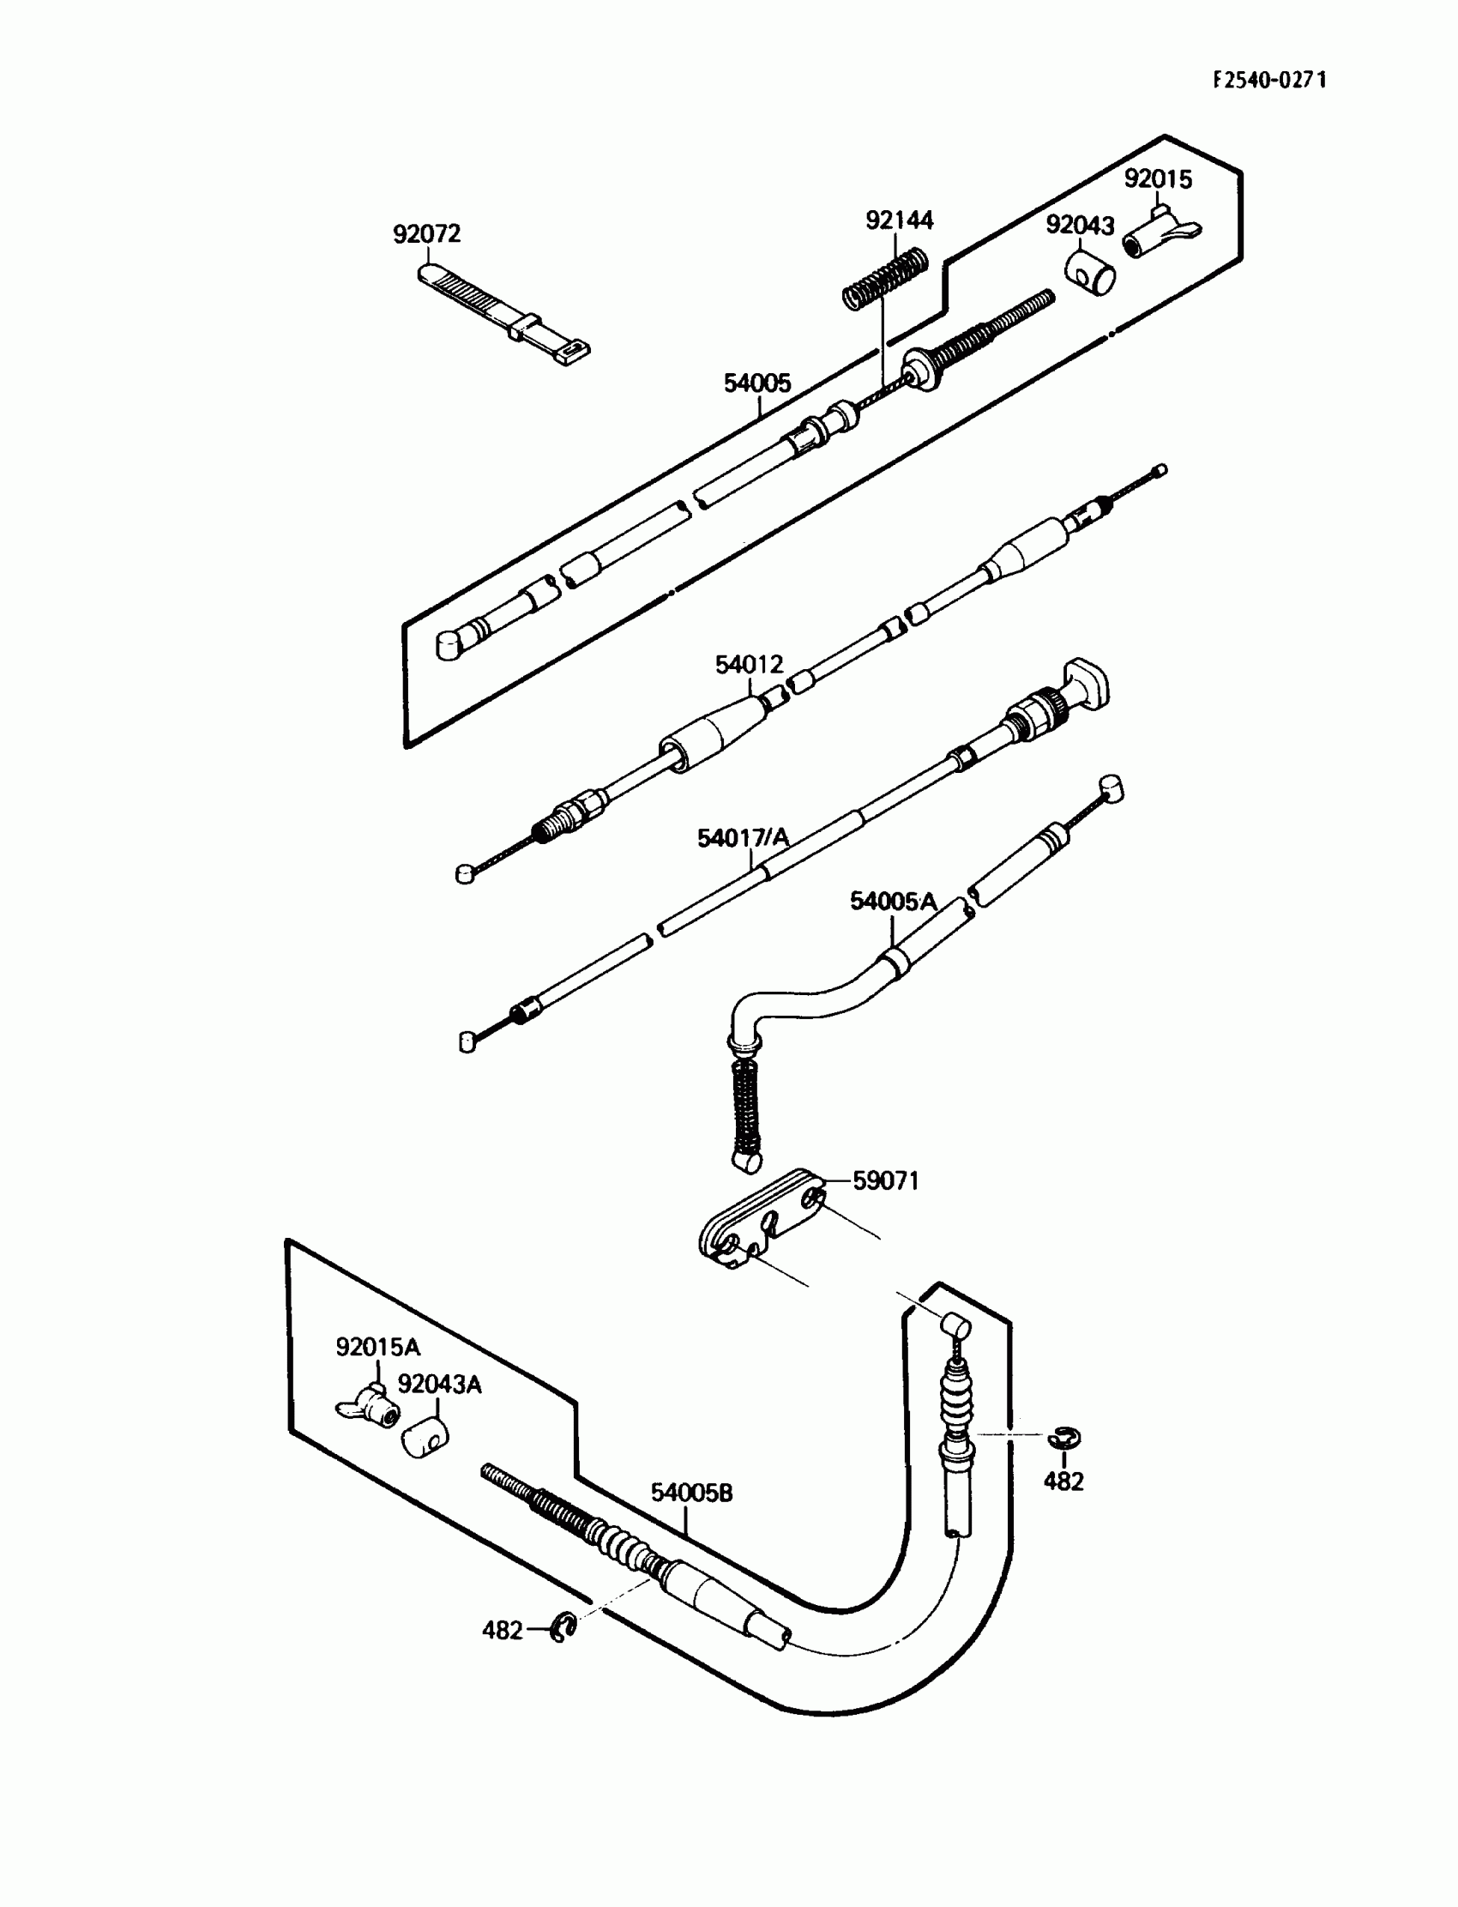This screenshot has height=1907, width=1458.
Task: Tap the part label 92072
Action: [426, 234]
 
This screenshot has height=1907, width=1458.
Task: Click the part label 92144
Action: [899, 220]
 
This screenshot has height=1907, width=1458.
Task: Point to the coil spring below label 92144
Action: [885, 276]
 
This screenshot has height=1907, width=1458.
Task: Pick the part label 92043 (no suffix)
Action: [1080, 226]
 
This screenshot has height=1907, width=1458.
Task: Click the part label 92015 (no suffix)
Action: [1158, 178]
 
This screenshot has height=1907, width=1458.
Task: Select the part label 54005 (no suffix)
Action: [757, 383]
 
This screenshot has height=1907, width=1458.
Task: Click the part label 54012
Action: [749, 665]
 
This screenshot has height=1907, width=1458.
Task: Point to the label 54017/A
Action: [744, 837]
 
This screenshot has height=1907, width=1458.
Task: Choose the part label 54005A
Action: [893, 902]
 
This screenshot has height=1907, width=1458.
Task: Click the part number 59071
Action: [885, 1180]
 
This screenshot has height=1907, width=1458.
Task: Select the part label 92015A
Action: [377, 1347]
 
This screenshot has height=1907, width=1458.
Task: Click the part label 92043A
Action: [439, 1385]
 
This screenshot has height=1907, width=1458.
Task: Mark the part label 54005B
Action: [691, 1493]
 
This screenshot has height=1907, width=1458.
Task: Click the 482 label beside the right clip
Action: [1063, 1482]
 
